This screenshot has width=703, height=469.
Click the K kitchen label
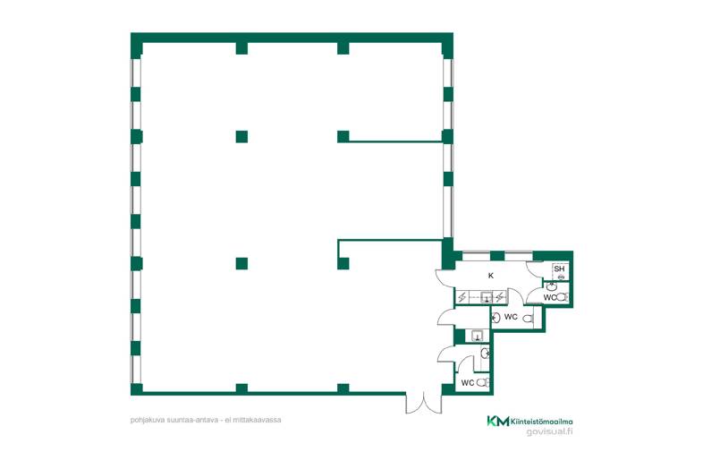(x=491, y=276)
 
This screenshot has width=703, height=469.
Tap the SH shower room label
(x=559, y=269)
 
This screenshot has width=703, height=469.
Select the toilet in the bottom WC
(x=482, y=383)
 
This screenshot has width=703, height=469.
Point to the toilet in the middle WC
(x=529, y=319)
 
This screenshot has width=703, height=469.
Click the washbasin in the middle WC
(x=495, y=319)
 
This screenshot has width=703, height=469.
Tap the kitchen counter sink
(x=487, y=297)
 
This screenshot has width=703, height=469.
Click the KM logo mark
(x=497, y=421)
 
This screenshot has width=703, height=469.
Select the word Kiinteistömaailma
(x=542, y=422)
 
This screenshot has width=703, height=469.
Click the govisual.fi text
(x=550, y=431)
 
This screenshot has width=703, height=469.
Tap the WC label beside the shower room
(x=550, y=297)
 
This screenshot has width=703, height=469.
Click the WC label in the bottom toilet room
(x=468, y=383)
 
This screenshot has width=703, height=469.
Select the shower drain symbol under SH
(x=561, y=277)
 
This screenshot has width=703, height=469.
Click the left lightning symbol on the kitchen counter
(x=462, y=296)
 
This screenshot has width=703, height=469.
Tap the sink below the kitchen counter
(x=477, y=336)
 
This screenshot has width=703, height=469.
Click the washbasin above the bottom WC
(x=485, y=354)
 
